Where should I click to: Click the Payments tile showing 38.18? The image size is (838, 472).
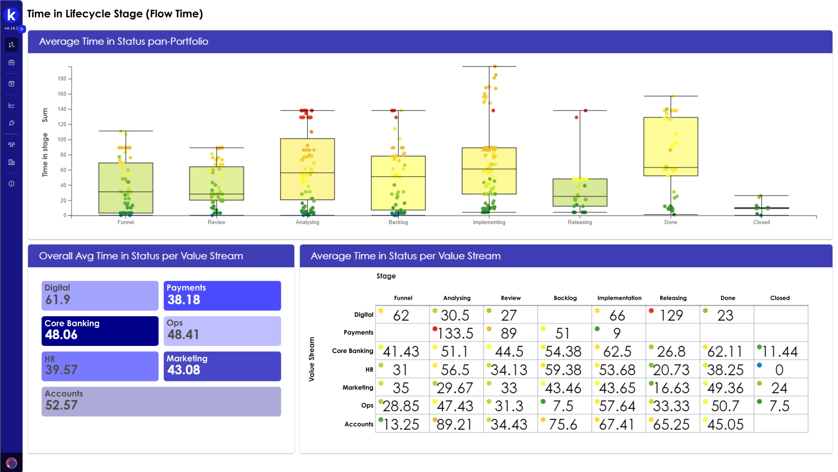(222, 295)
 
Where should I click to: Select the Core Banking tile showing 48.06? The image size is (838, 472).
(100, 331)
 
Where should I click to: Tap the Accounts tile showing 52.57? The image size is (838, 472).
(161, 401)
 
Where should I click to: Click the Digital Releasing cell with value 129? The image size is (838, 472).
(672, 315)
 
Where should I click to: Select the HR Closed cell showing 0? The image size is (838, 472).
(780, 370)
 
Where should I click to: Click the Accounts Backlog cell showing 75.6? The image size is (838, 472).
(564, 424)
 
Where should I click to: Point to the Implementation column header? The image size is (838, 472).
(619, 298)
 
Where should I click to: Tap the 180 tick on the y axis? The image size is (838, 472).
(62, 79)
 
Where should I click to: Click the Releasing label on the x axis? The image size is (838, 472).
(579, 222)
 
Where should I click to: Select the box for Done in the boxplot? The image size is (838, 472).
(670, 146)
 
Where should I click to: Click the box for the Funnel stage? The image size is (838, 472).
(126, 188)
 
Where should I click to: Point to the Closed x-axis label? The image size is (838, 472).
(761, 222)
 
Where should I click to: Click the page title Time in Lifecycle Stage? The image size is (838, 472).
(115, 14)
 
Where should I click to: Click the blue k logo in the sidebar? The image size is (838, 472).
(11, 15)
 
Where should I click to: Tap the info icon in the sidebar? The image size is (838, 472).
(11, 184)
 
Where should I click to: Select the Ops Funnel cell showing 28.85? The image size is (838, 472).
(402, 406)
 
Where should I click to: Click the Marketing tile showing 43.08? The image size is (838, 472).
(222, 366)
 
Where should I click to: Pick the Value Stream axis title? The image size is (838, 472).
(311, 359)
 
